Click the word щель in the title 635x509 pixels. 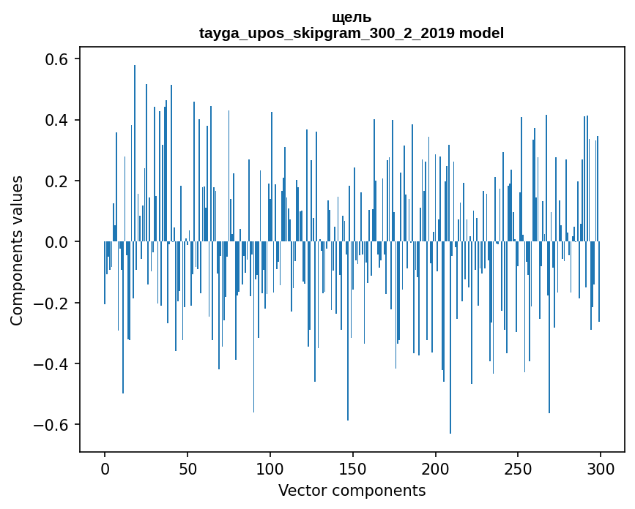click(352, 18)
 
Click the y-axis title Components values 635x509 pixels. click(17, 250)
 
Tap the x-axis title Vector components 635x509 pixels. click(352, 491)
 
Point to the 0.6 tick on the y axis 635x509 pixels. click(59, 59)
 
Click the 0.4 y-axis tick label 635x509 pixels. click(59, 120)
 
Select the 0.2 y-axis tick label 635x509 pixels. click(59, 181)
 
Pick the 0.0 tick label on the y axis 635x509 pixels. click(59, 242)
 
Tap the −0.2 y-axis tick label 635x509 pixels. click(53, 303)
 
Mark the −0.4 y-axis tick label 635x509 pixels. click(53, 364)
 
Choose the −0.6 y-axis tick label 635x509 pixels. click(53, 425)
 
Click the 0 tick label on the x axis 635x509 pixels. click(105, 467)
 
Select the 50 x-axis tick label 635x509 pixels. click(187, 467)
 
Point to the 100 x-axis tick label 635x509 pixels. click(270, 467)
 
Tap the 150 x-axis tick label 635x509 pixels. click(352, 467)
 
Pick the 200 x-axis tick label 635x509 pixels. click(435, 467)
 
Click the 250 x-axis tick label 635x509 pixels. click(518, 467)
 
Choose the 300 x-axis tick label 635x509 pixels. click(601, 467)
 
